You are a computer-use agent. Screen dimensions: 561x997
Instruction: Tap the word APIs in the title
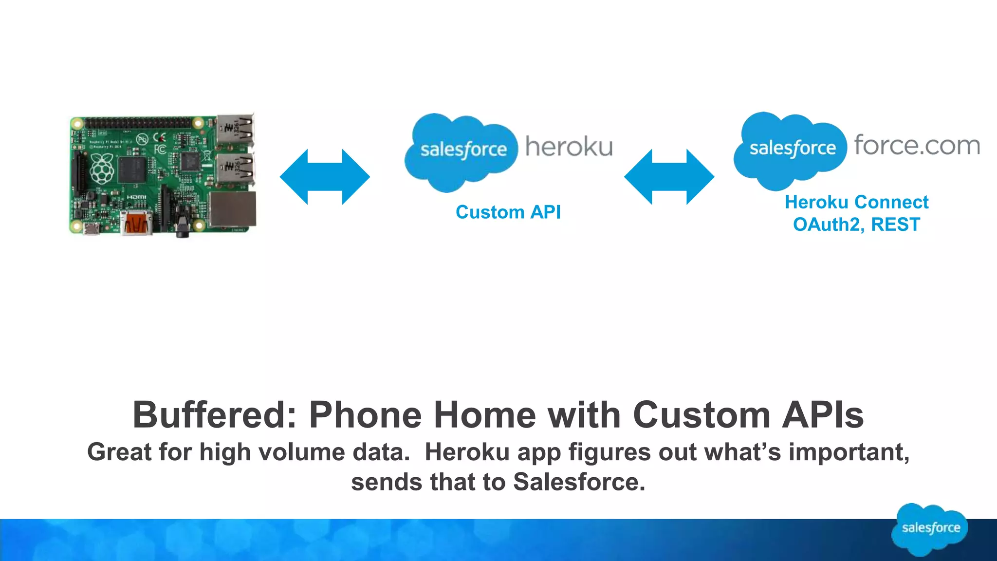(823, 415)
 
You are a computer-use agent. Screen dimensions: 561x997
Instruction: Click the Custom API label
(508, 212)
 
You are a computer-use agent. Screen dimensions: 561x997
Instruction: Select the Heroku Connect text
(856, 202)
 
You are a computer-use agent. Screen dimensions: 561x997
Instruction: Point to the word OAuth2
(828, 224)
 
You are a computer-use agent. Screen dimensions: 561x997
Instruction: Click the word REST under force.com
(895, 224)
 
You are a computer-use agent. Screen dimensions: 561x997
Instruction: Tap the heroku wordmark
(569, 147)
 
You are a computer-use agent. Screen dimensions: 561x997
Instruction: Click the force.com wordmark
(917, 145)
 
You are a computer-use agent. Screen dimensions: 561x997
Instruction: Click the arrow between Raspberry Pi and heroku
(325, 177)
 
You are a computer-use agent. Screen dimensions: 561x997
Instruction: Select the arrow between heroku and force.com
(669, 177)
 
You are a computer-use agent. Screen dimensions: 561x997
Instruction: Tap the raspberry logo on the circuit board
(102, 168)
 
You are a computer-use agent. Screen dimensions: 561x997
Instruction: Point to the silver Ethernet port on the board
(232, 209)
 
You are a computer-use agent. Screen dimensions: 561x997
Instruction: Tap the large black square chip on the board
(132, 170)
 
